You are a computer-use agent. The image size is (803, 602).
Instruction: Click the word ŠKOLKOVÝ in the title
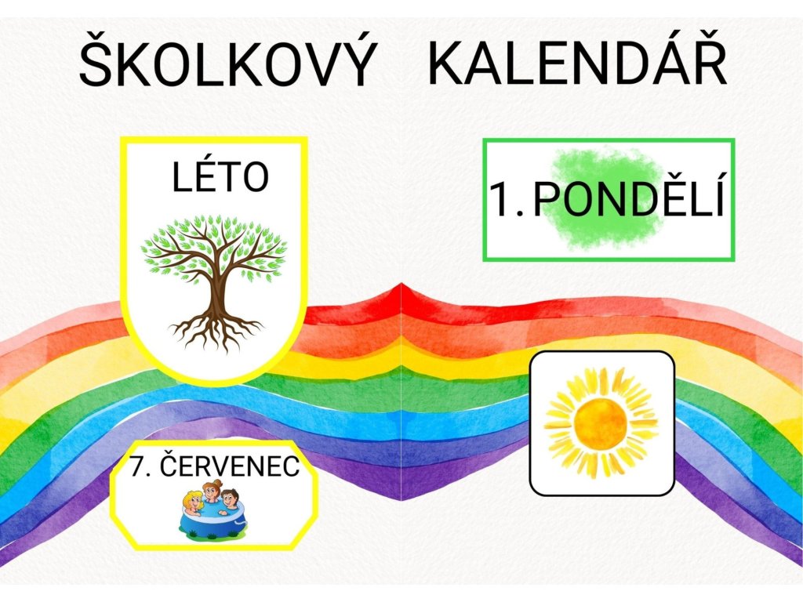[226, 60]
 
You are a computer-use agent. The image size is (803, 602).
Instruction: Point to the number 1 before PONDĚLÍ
[504, 200]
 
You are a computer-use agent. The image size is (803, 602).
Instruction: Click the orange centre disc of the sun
[600, 422]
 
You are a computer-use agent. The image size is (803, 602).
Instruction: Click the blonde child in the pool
[193, 503]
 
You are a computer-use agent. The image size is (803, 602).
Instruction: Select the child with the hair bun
[211, 492]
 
